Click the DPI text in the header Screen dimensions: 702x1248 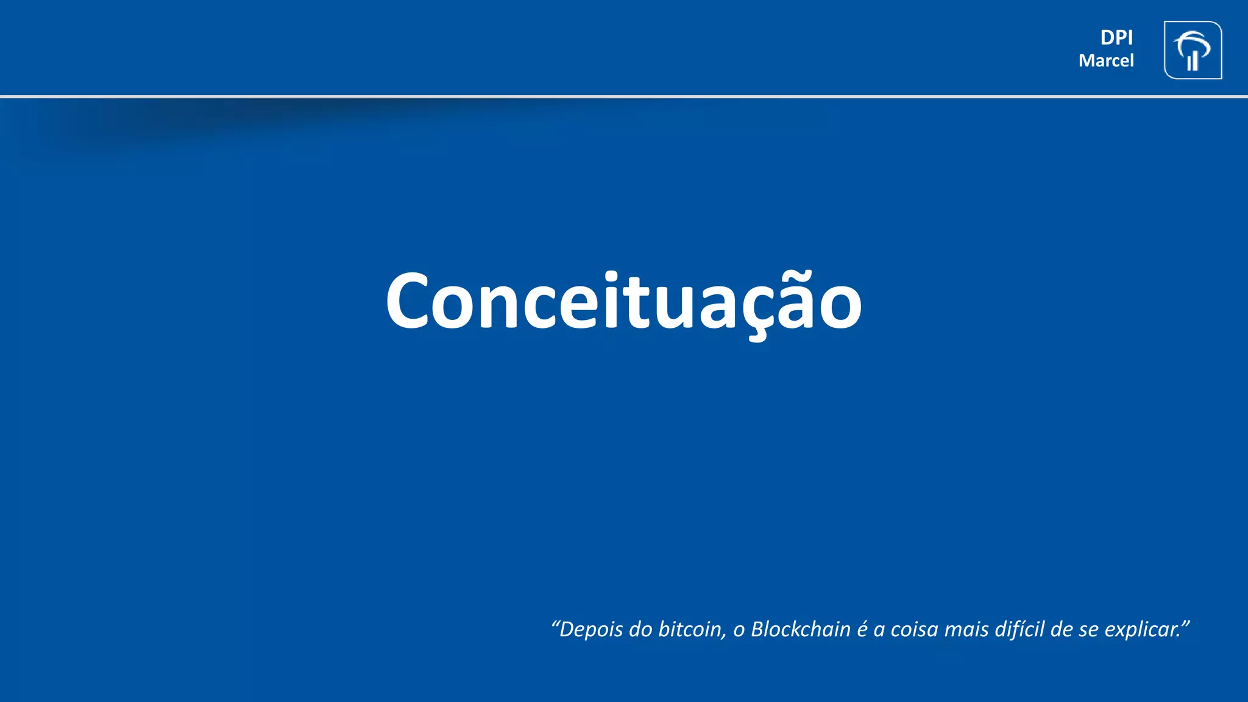(x=1116, y=38)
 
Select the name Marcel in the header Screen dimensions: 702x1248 (x=1106, y=61)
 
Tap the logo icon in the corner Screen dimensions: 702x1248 (x=1193, y=51)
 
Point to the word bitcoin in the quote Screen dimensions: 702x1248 (x=690, y=629)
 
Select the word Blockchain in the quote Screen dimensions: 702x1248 (x=800, y=629)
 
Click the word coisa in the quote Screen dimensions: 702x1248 (x=914, y=629)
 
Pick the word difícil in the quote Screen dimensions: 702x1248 (x=1019, y=629)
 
